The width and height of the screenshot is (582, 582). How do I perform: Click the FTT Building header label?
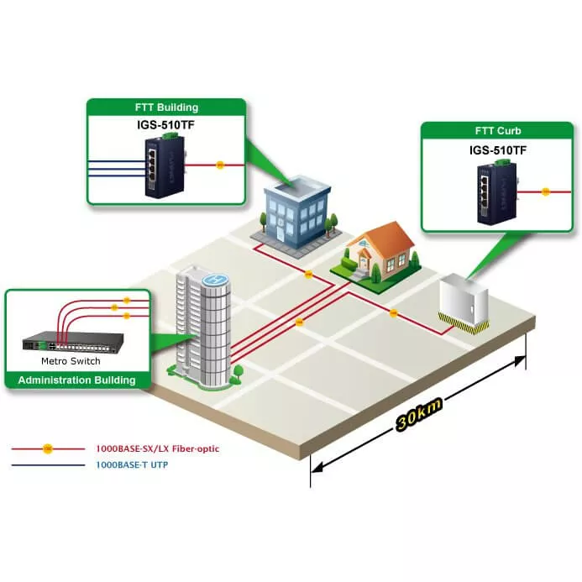click(x=167, y=107)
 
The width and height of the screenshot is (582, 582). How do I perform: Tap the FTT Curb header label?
click(x=498, y=131)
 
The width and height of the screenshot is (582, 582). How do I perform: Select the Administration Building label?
click(x=76, y=380)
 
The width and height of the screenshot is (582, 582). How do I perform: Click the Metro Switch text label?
click(x=71, y=361)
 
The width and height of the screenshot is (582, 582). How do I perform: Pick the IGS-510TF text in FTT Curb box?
click(x=498, y=150)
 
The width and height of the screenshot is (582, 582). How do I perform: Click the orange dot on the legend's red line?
click(x=48, y=448)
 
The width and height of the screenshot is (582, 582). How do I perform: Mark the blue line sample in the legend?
click(x=48, y=464)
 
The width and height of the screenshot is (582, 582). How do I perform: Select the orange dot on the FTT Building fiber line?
click(x=220, y=165)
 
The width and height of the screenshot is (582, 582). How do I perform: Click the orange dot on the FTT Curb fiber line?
click(x=545, y=191)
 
